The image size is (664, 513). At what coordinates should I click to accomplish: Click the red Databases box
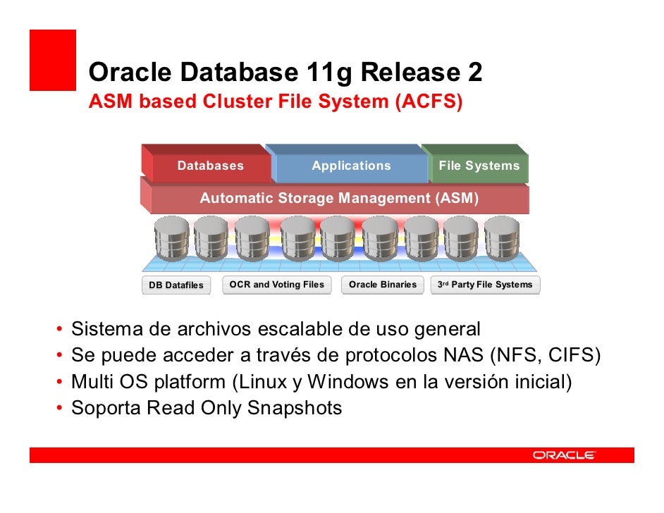pos(210,166)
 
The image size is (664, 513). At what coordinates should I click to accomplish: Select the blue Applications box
pos(351,166)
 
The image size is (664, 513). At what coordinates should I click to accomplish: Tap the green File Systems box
pos(479,166)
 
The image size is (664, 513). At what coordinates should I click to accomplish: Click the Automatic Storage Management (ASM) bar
pos(339,199)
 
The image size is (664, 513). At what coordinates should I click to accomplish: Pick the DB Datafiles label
pos(176,285)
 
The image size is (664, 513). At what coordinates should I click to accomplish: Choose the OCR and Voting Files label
pos(277,285)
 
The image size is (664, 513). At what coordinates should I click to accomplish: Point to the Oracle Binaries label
pos(383,285)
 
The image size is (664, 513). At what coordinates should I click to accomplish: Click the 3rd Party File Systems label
pos(485,285)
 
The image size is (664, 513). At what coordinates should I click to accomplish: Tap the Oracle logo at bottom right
pos(563,455)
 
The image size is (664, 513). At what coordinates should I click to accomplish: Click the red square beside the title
pos(52,60)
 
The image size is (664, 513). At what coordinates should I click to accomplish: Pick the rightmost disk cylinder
pos(501,237)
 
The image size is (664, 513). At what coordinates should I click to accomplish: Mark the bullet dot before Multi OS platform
pos(61,383)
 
